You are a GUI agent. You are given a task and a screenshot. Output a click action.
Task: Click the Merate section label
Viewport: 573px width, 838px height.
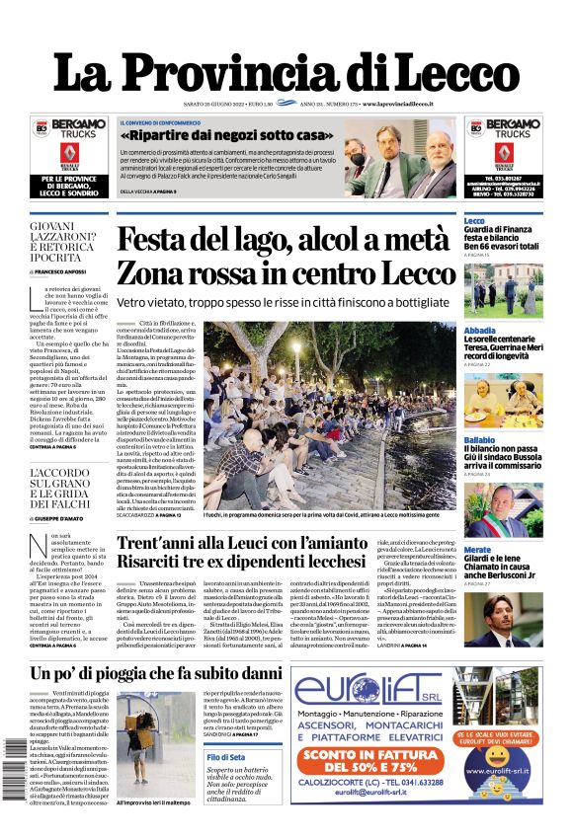coord(477,550)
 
